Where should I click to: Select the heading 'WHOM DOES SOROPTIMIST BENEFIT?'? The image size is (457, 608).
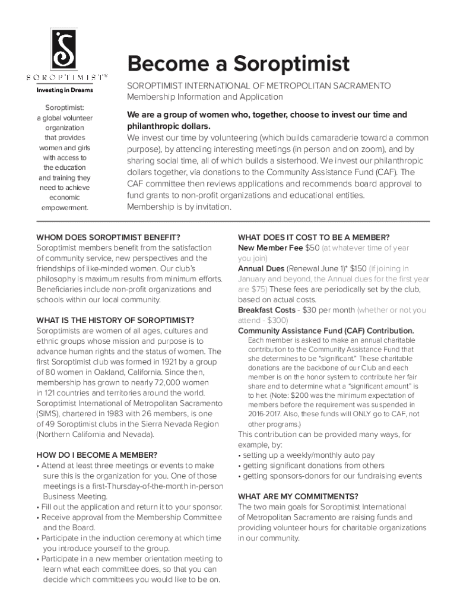[108, 237]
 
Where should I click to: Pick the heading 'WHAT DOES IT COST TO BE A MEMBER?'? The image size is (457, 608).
[313, 237]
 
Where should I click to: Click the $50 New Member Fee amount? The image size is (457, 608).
[312, 248]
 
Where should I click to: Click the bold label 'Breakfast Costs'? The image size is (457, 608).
[266, 310]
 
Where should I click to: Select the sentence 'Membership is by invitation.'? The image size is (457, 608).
[179, 207]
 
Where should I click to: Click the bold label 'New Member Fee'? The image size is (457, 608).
[270, 248]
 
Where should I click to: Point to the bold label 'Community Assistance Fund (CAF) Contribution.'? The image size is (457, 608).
[326, 331]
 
